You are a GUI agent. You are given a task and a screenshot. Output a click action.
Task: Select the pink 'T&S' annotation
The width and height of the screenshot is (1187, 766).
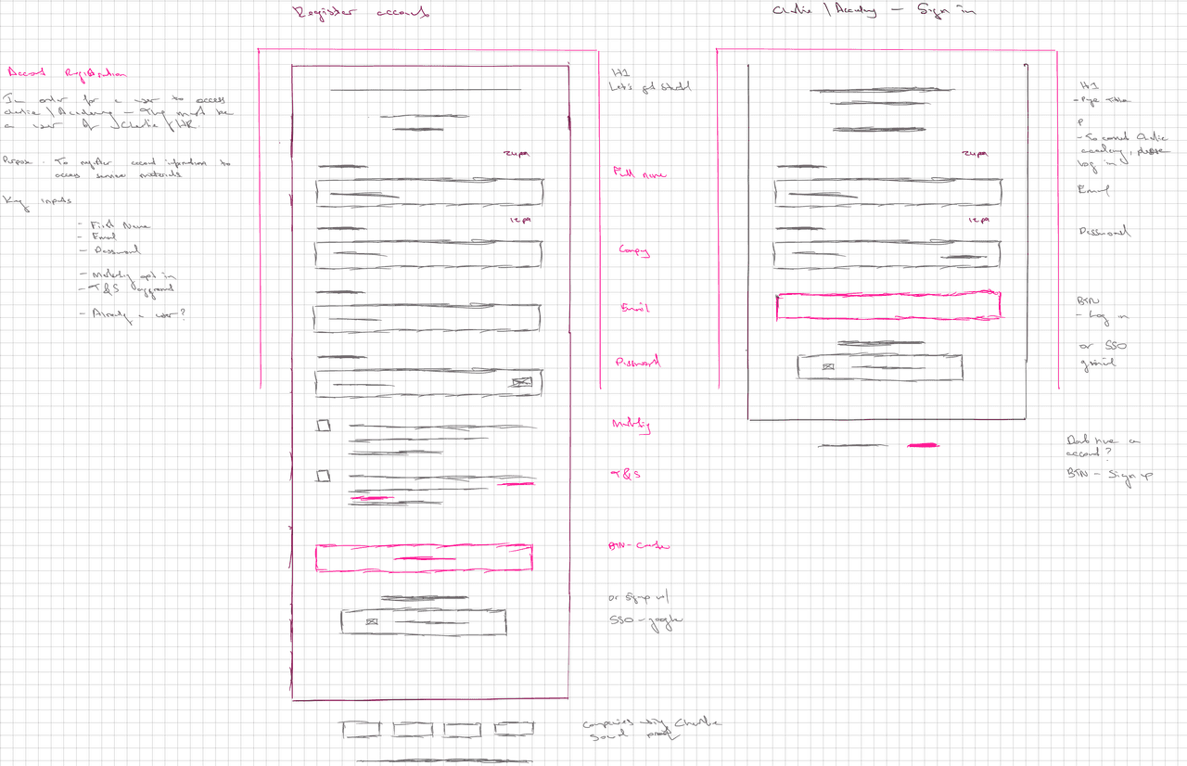pyautogui.click(x=626, y=474)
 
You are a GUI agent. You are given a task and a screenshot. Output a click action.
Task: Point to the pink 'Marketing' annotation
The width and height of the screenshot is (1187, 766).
pyautogui.click(x=631, y=425)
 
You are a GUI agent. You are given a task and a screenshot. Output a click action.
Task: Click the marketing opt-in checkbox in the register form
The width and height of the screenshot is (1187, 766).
pyautogui.click(x=323, y=426)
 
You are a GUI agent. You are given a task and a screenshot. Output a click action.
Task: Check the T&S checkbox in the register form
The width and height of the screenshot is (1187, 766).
pyautogui.click(x=323, y=476)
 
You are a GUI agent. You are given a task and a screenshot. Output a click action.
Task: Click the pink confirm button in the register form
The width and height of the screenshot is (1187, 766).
pyautogui.click(x=424, y=557)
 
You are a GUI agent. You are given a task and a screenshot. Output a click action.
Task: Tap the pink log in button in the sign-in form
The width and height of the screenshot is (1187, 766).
pyautogui.click(x=887, y=306)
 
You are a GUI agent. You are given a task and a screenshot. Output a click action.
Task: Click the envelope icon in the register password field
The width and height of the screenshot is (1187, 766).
pyautogui.click(x=521, y=381)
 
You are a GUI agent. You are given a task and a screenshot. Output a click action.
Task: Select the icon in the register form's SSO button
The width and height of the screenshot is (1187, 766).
pyautogui.click(x=372, y=622)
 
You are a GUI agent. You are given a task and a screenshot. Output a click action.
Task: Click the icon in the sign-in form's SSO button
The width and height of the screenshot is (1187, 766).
pyautogui.click(x=828, y=367)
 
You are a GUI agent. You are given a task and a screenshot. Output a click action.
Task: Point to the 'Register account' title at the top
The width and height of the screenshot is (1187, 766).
pyautogui.click(x=361, y=13)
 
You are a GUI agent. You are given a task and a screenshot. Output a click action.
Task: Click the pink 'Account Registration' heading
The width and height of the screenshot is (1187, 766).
pyautogui.click(x=67, y=73)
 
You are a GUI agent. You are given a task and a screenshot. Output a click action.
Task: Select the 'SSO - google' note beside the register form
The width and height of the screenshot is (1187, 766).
pyautogui.click(x=645, y=619)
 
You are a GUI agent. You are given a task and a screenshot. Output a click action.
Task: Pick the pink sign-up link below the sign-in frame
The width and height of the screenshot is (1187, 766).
pyautogui.click(x=923, y=445)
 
